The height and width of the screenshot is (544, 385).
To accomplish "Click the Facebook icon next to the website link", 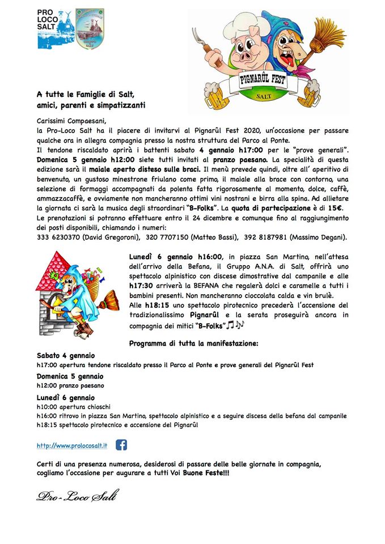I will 121,445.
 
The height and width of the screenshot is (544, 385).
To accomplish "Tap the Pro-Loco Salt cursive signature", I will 77,497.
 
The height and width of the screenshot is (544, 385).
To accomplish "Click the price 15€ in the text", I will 340,209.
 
